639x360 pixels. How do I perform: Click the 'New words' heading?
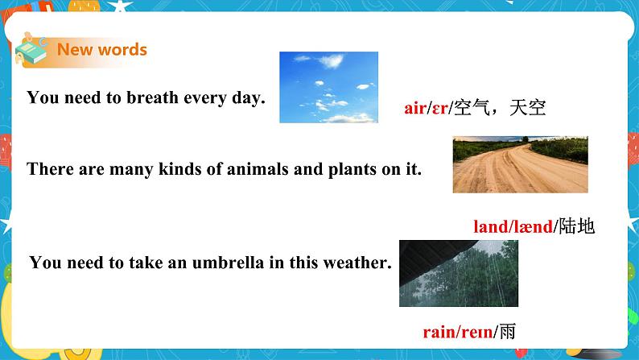click(x=101, y=50)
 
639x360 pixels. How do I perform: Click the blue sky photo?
click(x=328, y=87)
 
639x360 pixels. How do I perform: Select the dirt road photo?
click(x=520, y=164)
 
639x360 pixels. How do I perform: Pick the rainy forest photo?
click(x=459, y=273)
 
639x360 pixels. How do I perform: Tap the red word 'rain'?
click(x=439, y=331)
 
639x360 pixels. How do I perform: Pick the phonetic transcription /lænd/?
click(x=532, y=227)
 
